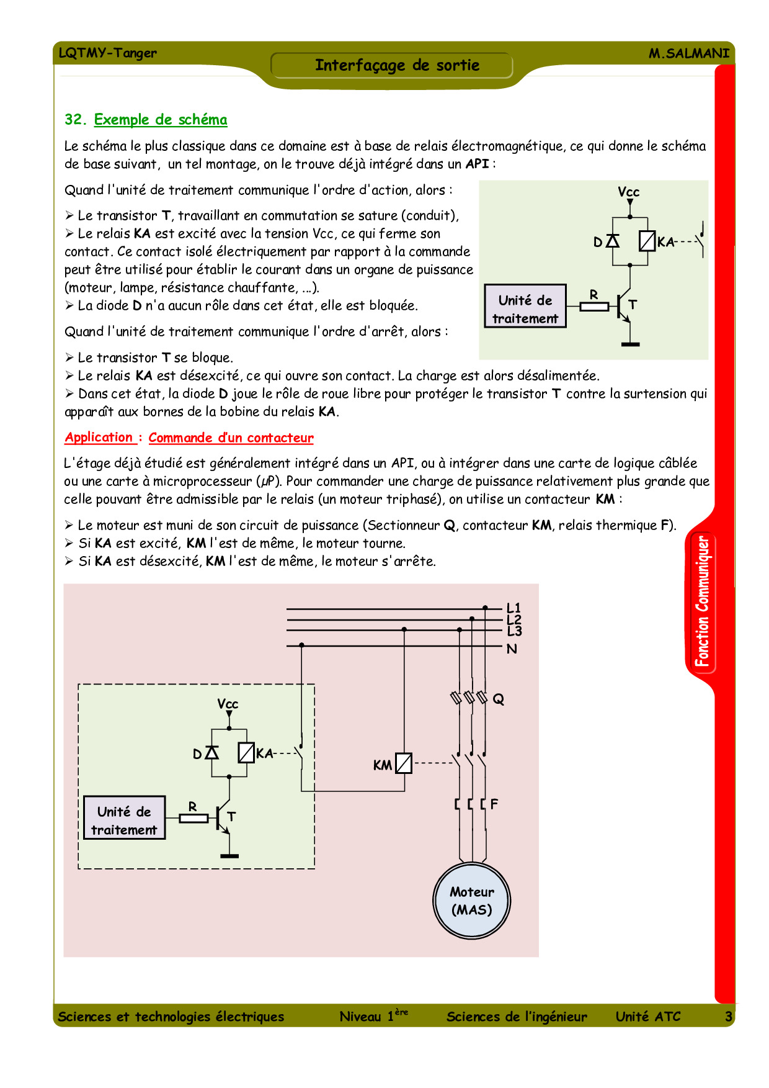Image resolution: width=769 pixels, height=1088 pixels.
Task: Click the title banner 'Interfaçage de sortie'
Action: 397,65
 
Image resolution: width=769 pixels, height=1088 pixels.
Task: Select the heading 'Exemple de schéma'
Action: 160,119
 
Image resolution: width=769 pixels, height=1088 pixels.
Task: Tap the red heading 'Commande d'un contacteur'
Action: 231,438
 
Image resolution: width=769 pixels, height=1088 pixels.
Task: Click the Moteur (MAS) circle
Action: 472,901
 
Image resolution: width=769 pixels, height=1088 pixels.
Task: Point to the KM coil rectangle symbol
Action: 404,763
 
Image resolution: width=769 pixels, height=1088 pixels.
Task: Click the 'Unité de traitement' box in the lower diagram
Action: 124,818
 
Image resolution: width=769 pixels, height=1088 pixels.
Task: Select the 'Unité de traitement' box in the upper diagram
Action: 525,307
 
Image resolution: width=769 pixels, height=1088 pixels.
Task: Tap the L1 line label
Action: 513,608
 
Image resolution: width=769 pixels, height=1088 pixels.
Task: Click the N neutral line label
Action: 512,649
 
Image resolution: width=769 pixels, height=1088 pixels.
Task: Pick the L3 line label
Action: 514,632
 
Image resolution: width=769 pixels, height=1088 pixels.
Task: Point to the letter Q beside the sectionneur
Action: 499,699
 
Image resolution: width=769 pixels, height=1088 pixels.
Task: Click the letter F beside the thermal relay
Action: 494,804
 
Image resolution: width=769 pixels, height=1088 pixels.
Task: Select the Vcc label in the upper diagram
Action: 628,192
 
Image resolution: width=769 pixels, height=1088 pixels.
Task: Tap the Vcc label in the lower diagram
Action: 228,704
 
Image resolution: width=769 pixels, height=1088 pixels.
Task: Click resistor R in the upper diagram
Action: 594,306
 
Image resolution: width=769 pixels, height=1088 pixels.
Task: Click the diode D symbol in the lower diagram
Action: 211,753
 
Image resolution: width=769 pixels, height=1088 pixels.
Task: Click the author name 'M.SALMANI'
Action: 689,53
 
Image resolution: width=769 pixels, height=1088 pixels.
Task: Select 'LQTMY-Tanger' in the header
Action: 108,53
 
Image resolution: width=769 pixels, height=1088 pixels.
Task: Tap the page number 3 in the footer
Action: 729,1017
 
